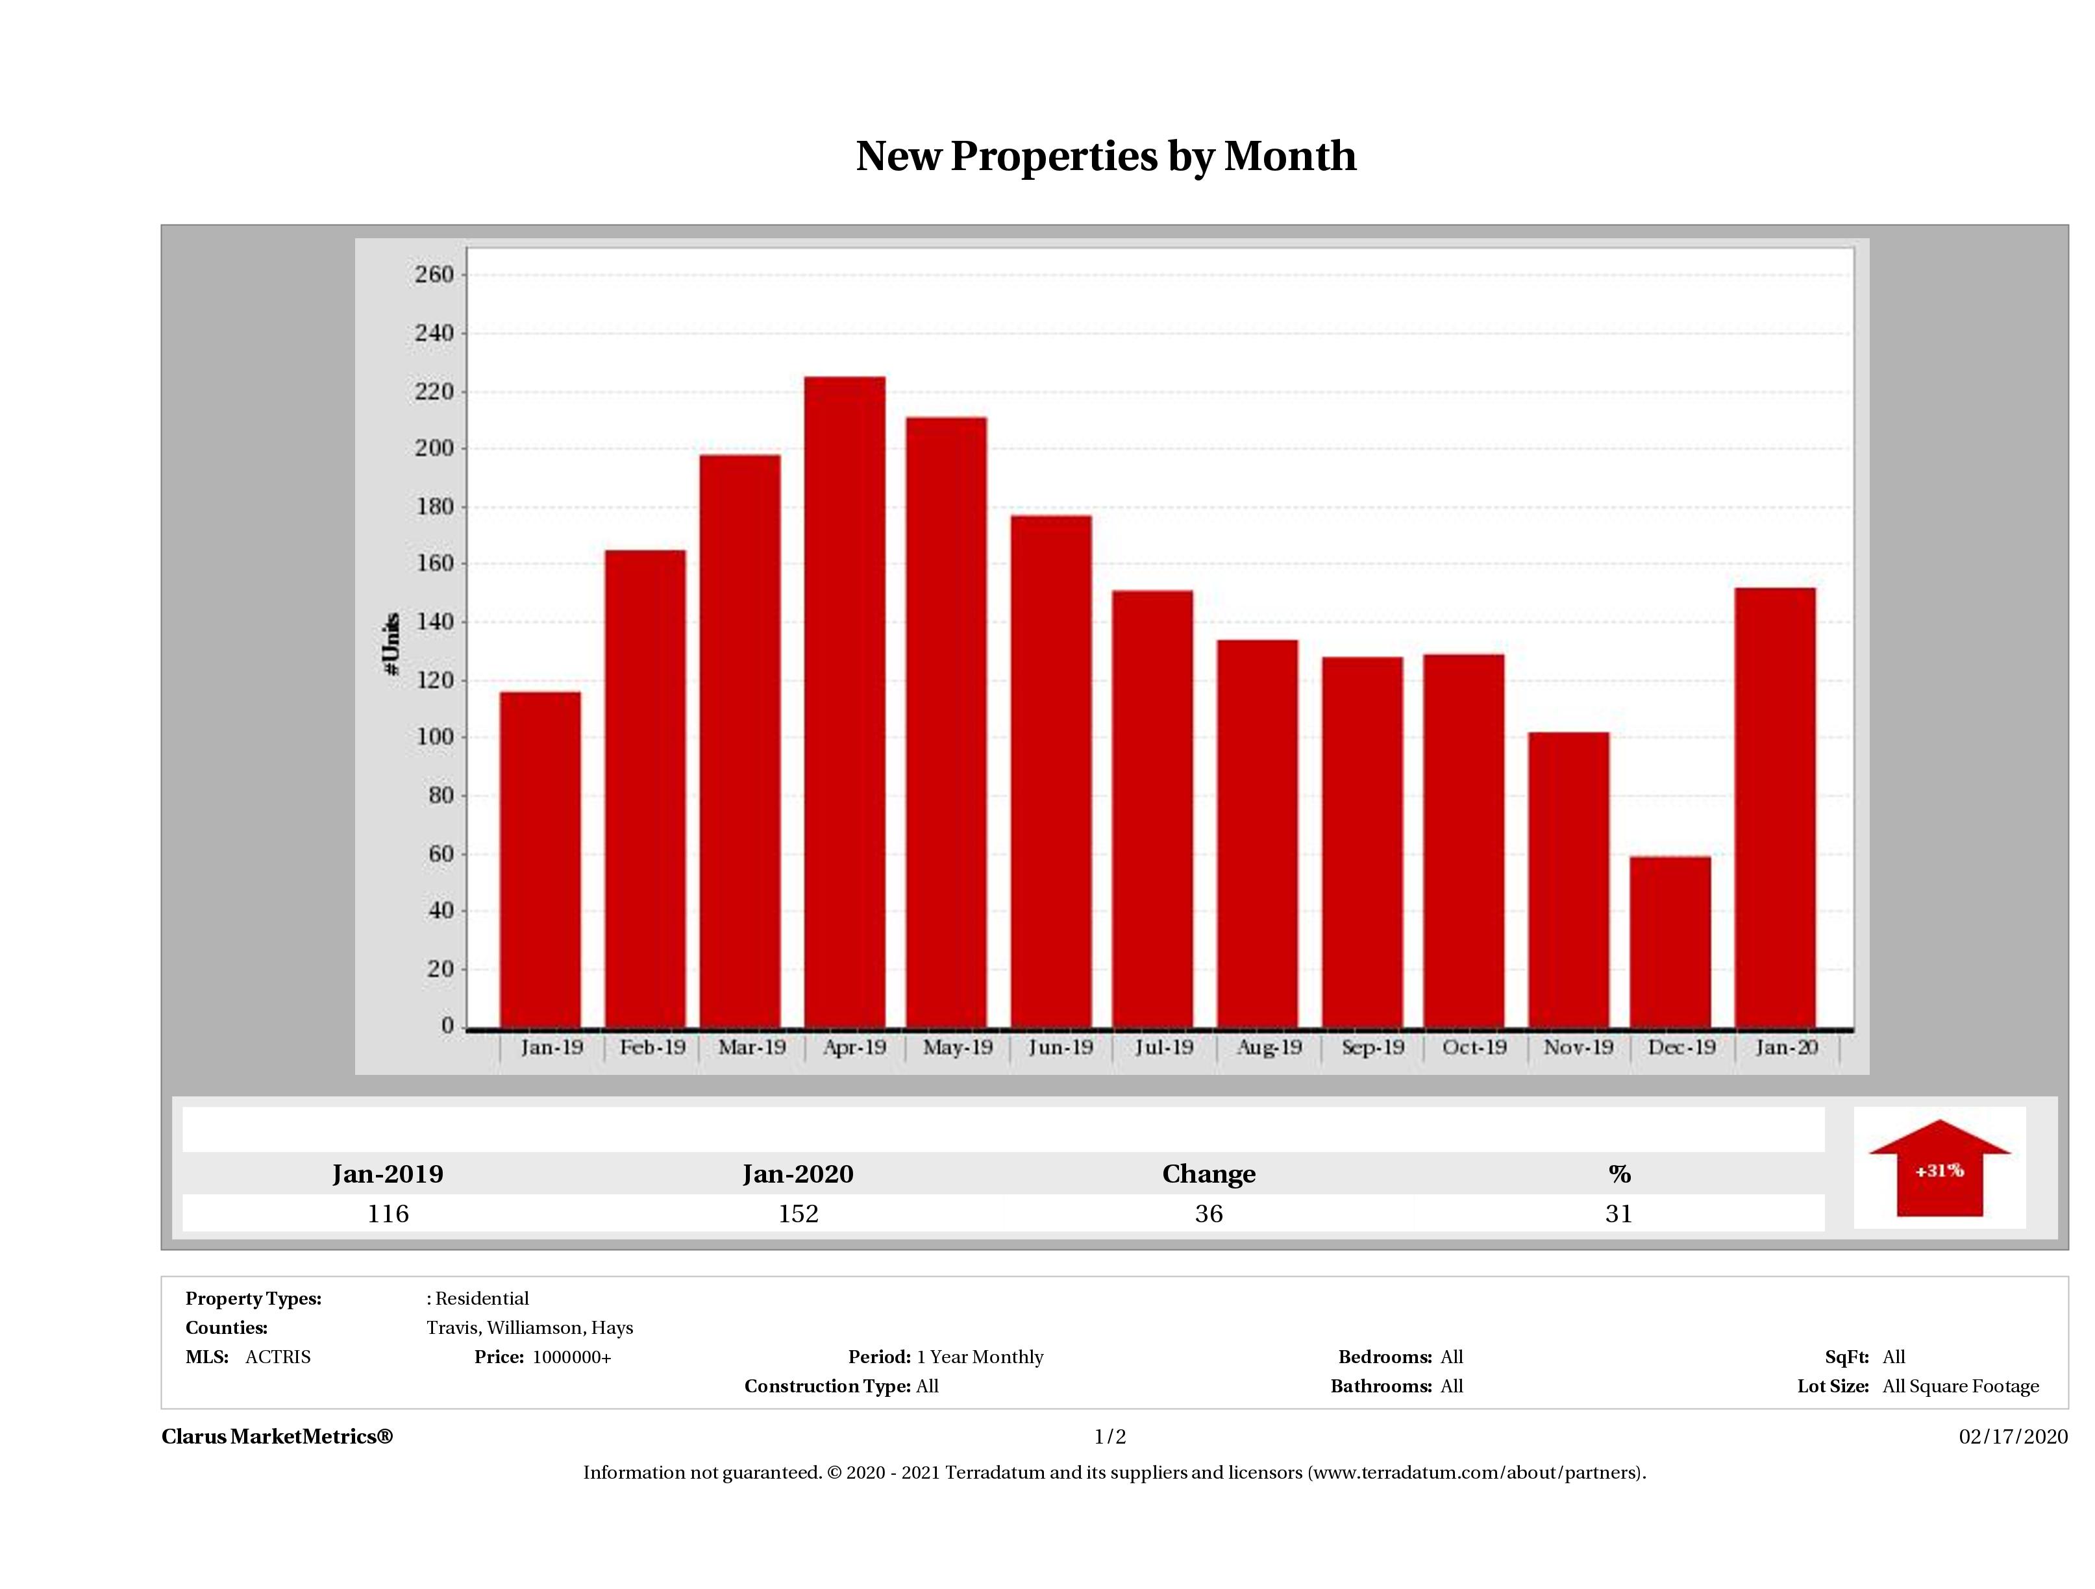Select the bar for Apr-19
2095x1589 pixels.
tap(845, 701)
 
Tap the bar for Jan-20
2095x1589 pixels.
tap(1775, 807)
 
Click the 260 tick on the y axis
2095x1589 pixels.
tap(435, 275)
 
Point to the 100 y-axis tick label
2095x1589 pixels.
tap(435, 737)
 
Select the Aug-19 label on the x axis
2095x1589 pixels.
tap(1269, 1048)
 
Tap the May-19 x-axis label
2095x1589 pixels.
tap(958, 1048)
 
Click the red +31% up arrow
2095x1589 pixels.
tap(1939, 1170)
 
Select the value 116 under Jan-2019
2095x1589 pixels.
tap(388, 1214)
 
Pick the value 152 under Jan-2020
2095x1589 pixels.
tap(799, 1214)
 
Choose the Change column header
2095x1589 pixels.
tap(1209, 1174)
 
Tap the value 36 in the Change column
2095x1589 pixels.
tap(1209, 1214)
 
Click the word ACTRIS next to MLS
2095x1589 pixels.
tap(277, 1357)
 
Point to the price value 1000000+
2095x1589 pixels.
tap(572, 1357)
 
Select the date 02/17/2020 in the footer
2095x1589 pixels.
tap(2013, 1436)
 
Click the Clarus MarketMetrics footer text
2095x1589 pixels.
tap(277, 1436)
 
